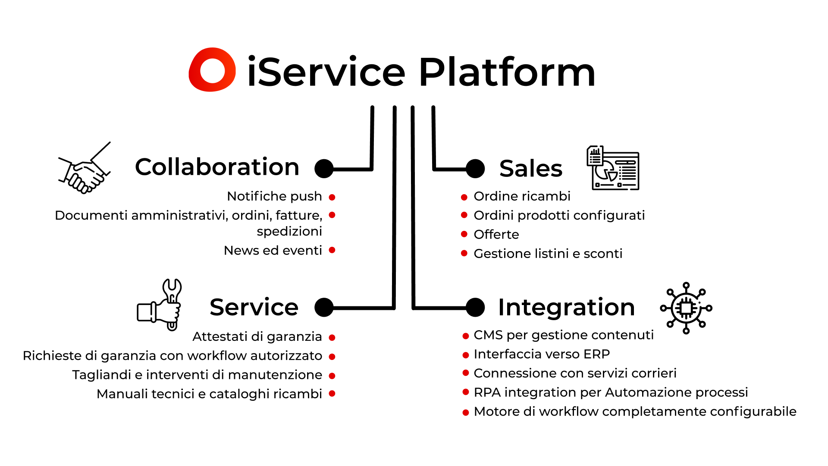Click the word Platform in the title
pos(507,72)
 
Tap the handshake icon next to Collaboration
pos(85,168)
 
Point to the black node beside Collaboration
pos(324,169)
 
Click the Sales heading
pos(531,168)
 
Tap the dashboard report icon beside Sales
pos(613,168)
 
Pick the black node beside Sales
pos(475,169)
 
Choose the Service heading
pos(254,307)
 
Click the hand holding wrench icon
pos(160,305)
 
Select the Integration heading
pos(566,307)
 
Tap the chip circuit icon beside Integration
pos(686,308)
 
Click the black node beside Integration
pos(475,308)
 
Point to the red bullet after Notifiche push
pos(332,197)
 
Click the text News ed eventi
pos(273,250)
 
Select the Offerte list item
pos(496,234)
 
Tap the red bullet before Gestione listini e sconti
pos(464,253)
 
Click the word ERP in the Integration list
pos(597,354)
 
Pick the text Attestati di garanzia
pos(257,337)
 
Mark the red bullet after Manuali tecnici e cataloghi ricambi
pos(332,394)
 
